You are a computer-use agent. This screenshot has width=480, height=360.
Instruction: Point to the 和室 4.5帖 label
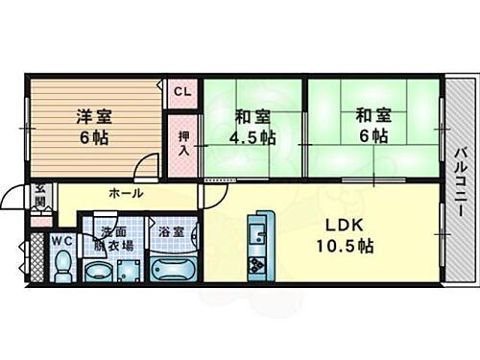coord(253,127)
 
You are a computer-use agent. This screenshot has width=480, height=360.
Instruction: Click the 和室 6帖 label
coord(372,127)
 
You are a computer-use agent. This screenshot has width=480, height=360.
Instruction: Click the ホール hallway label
coord(126,193)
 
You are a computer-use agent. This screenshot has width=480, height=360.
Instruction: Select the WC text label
coord(62,239)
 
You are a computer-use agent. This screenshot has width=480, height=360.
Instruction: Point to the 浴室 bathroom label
coord(173,231)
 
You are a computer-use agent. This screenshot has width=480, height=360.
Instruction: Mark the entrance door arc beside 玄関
coord(15,197)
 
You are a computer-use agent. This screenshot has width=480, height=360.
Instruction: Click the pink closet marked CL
coord(182,93)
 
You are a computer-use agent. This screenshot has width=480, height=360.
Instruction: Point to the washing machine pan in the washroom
coord(128,270)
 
